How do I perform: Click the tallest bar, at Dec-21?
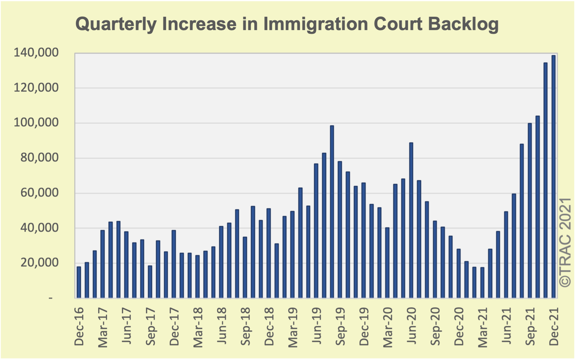[x=553, y=177]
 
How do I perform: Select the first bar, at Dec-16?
[x=79, y=282]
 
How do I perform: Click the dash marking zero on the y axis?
[x=51, y=297]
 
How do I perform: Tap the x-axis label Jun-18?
[x=222, y=326]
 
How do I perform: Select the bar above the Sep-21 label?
[x=530, y=211]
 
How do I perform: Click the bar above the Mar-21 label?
[x=482, y=282]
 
